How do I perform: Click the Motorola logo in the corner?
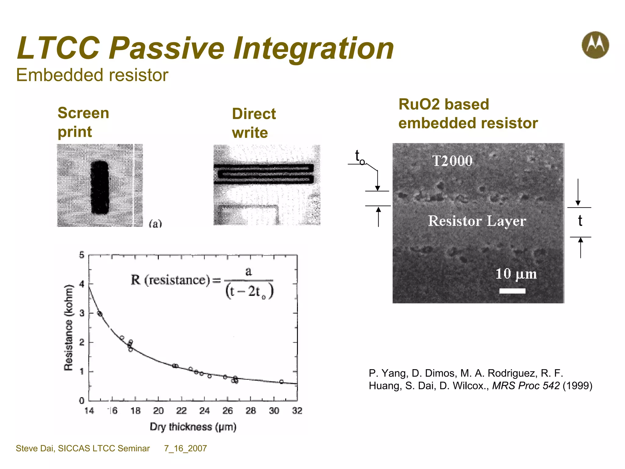click(595, 45)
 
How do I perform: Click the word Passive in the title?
click(167, 48)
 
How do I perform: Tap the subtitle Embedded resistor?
click(92, 75)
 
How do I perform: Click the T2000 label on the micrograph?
click(453, 161)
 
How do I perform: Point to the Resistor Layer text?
click(477, 221)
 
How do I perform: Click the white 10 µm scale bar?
click(512, 291)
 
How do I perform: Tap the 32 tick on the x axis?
click(297, 411)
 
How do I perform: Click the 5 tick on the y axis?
click(82, 255)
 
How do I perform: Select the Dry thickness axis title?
click(193, 427)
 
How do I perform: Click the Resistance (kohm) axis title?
click(69, 327)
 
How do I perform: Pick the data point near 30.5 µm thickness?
click(281, 382)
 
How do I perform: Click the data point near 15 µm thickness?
click(99, 314)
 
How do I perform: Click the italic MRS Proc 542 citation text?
click(526, 386)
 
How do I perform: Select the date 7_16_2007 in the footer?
click(186, 448)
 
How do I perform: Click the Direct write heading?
click(254, 123)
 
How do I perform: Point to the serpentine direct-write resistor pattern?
click(264, 174)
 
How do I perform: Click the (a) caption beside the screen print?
click(155, 224)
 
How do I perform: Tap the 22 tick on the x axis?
click(181, 411)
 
